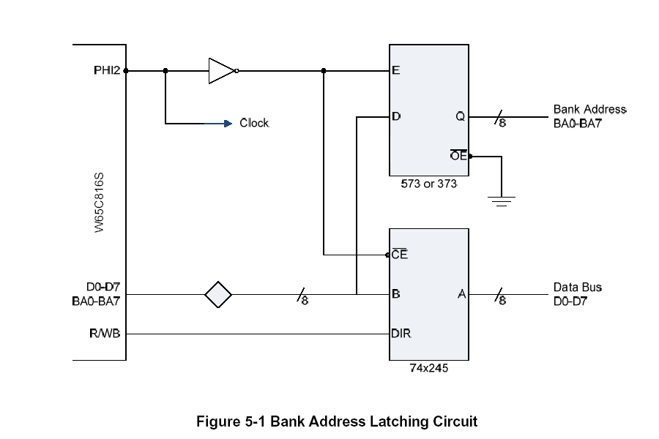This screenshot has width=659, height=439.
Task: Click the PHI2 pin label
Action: point(108,71)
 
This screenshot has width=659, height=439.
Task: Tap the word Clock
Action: point(254,123)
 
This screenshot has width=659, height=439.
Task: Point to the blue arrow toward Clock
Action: point(220,123)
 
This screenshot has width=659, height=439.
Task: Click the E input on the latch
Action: point(396,71)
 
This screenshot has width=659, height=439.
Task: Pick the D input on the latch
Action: point(396,116)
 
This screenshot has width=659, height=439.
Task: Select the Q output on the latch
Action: point(460,116)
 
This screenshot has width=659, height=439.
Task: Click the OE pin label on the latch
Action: point(458,155)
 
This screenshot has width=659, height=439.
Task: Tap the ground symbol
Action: point(501,199)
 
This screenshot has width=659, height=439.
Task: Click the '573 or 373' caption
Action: point(428,184)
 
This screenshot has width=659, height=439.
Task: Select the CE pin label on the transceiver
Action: point(400,254)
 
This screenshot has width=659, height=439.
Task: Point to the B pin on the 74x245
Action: point(396,294)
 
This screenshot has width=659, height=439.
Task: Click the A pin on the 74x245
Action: point(461,294)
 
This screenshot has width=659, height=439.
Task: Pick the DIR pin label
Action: point(401,334)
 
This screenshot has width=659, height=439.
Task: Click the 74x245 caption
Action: point(428,368)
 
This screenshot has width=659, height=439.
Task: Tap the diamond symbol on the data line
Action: point(217,295)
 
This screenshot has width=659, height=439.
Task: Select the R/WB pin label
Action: point(105,334)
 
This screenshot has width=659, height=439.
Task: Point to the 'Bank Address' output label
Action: point(589,110)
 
